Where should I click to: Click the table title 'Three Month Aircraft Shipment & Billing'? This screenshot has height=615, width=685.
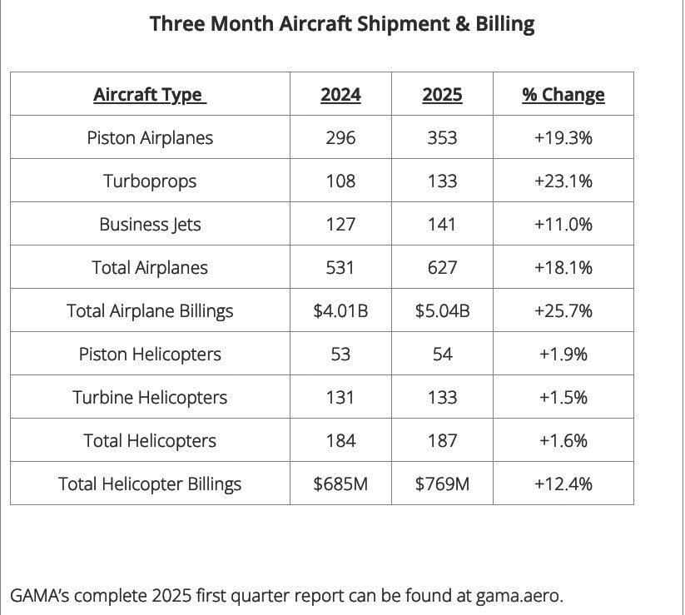(342, 24)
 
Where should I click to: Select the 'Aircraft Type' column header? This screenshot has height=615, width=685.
(150, 94)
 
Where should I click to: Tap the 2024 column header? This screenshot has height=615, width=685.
(340, 94)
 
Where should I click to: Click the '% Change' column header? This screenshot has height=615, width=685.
(563, 94)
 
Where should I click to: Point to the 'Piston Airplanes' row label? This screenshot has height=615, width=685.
(150, 137)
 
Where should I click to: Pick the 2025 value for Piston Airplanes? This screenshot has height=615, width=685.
(442, 137)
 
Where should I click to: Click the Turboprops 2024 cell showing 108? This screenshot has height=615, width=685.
(340, 181)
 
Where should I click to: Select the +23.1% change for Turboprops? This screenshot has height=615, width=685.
(563, 181)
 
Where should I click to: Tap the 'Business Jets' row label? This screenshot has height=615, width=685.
(150, 224)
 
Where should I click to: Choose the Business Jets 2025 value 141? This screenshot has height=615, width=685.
(442, 224)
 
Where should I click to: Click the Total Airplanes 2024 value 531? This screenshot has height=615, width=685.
(340, 267)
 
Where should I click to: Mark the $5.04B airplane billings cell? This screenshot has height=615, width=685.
(442, 310)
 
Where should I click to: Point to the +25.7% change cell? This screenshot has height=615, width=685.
(563, 310)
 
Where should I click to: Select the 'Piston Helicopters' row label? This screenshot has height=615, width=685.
(150, 354)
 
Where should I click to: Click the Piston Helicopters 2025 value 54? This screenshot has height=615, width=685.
(442, 354)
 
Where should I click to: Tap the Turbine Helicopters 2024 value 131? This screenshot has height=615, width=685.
(340, 397)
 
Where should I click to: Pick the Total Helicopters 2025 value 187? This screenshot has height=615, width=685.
(442, 440)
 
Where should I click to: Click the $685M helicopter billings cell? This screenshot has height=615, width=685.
(340, 484)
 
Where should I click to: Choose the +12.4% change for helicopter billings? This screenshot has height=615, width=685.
(563, 484)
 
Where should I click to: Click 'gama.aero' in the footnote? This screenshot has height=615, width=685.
(519, 596)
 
